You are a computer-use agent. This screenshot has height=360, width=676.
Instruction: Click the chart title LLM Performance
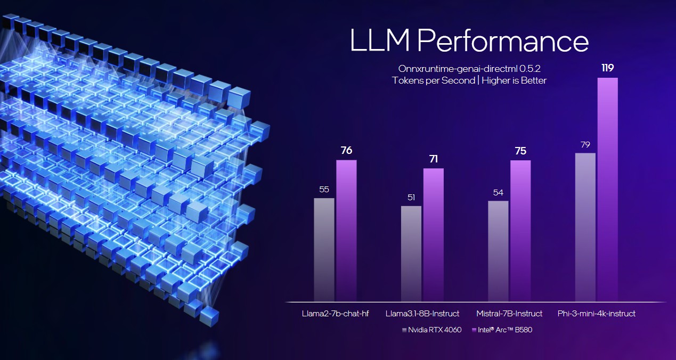pyautogui.click(x=469, y=41)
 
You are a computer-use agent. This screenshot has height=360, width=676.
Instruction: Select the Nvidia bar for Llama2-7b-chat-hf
pyautogui.click(x=324, y=249)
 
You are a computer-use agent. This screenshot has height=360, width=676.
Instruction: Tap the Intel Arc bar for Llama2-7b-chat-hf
pyautogui.click(x=346, y=230)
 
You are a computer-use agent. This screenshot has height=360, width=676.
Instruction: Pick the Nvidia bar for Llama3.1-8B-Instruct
pyautogui.click(x=411, y=253)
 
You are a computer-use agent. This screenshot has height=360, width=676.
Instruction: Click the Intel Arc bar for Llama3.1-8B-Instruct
pyautogui.click(x=433, y=234)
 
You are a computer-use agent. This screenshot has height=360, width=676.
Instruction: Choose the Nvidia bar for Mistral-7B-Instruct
pyautogui.click(x=498, y=250)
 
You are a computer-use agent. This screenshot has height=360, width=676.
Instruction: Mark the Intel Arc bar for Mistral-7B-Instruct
pyautogui.click(x=520, y=231)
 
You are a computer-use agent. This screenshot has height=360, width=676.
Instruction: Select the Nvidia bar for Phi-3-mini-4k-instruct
pyautogui.click(x=585, y=227)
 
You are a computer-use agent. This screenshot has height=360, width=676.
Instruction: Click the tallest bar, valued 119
pyautogui.click(x=608, y=189)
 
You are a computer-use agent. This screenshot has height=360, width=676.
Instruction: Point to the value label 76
pyautogui.click(x=346, y=151)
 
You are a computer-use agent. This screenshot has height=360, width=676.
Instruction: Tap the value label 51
pyautogui.click(x=411, y=198)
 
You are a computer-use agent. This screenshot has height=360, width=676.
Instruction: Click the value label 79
pyautogui.click(x=585, y=145)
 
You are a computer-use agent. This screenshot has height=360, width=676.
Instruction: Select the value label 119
pyautogui.click(x=608, y=68)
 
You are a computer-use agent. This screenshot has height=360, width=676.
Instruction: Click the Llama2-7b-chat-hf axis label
pyautogui.click(x=335, y=313)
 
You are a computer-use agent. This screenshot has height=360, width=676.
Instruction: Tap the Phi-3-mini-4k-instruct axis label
pyautogui.click(x=596, y=313)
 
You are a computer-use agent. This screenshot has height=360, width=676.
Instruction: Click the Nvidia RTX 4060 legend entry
pyautogui.click(x=431, y=330)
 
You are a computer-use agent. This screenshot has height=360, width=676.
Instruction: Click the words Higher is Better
pyautogui.click(x=514, y=80)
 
